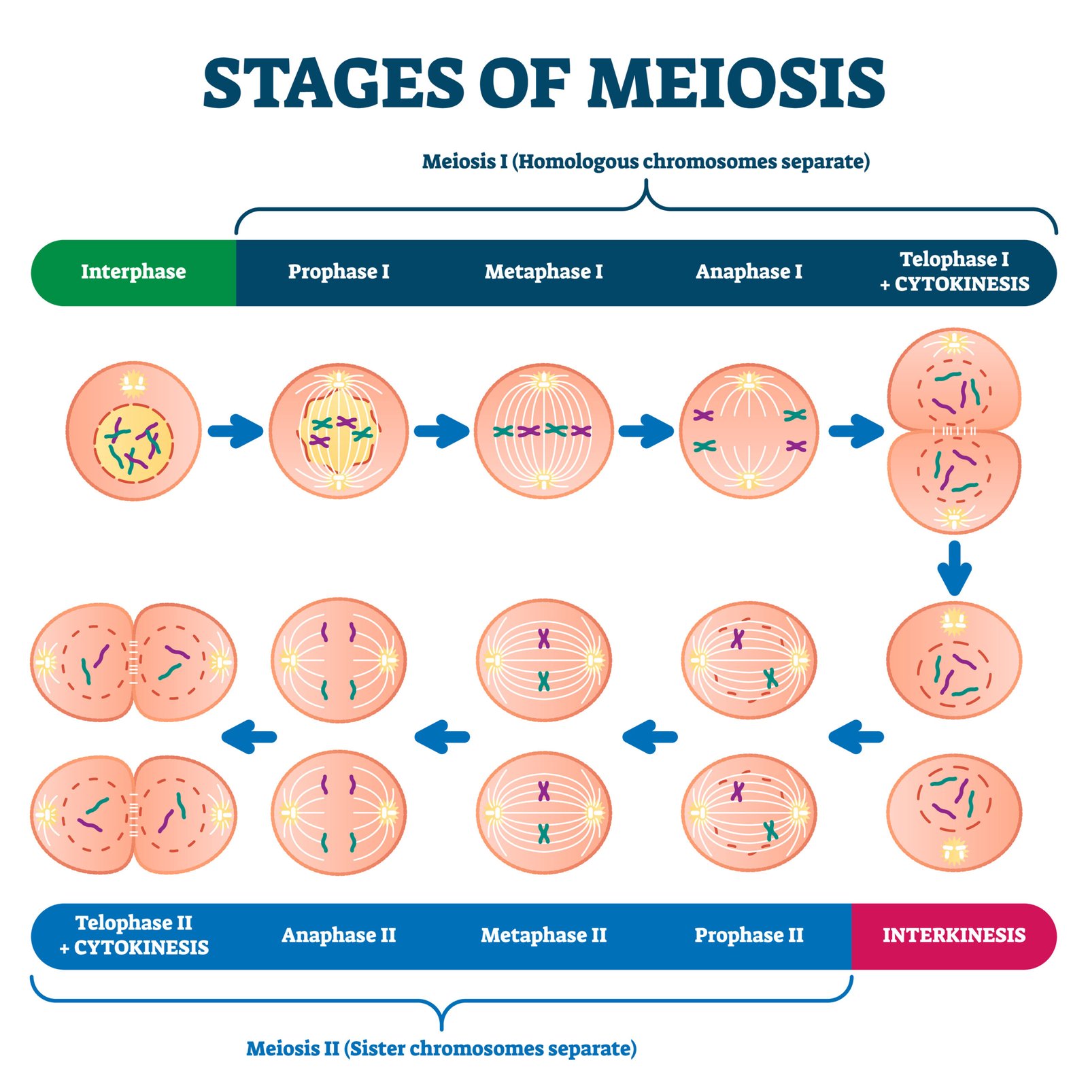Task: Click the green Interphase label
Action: point(133,272)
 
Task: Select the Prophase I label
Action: point(339,272)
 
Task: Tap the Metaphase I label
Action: point(543,272)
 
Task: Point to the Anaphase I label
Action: point(749,272)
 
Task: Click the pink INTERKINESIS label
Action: point(953,936)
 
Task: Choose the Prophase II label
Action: point(749,936)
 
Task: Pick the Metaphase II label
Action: point(543,936)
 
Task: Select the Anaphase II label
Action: point(339,936)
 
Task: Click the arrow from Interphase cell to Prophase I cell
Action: point(235,430)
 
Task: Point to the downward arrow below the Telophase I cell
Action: point(954,568)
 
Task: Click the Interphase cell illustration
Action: point(133,431)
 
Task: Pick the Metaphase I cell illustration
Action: point(543,431)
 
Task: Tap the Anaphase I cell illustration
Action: point(749,431)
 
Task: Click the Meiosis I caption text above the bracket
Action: point(645,162)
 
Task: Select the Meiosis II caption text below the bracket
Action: point(441,1049)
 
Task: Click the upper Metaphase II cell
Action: point(543,660)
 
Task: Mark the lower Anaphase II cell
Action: point(339,813)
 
